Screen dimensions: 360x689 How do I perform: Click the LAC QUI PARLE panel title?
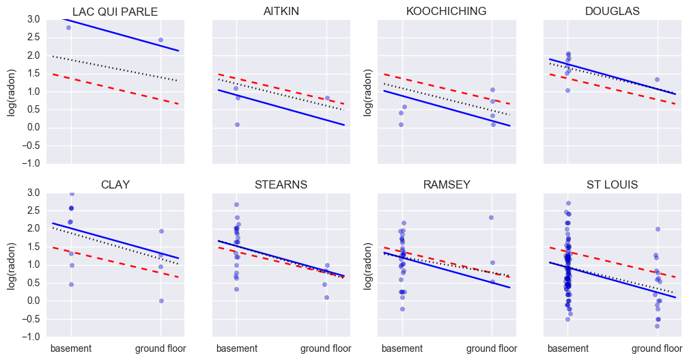pyautogui.click(x=115, y=12)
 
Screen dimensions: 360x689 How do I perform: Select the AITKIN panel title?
pyautogui.click(x=281, y=12)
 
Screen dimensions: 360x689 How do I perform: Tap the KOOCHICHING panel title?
pyautogui.click(x=447, y=12)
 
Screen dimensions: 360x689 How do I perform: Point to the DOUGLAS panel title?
pyautogui.click(x=613, y=12)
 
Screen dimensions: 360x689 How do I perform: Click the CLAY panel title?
pyautogui.click(x=115, y=184)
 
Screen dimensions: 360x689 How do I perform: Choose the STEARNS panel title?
pyautogui.click(x=281, y=184)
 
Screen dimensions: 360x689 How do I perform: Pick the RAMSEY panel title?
pyautogui.click(x=447, y=184)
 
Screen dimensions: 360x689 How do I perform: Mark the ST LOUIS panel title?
pyautogui.click(x=613, y=184)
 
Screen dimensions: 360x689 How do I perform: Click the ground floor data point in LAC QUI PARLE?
pyautogui.click(x=160, y=40)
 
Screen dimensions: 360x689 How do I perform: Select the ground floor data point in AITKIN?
pyautogui.click(x=327, y=98)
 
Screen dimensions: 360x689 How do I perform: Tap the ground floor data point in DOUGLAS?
pyautogui.click(x=657, y=79)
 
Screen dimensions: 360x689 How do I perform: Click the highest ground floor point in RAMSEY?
pyautogui.click(x=491, y=217)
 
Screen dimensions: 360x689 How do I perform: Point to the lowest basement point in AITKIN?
pyautogui.click(x=237, y=124)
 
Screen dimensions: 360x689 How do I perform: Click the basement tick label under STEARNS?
pyautogui.click(x=237, y=349)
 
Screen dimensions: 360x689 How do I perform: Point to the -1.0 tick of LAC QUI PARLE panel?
pyautogui.click(x=31, y=164)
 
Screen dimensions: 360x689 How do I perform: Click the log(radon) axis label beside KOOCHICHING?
pyautogui.click(x=368, y=92)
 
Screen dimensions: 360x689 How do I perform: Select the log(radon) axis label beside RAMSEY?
pyautogui.click(x=368, y=264)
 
